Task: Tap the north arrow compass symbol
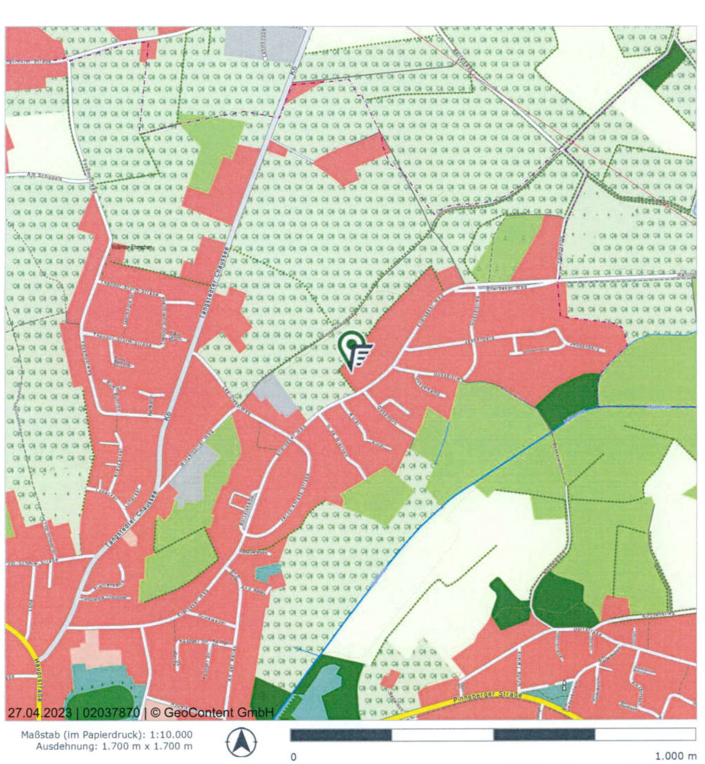[241, 741]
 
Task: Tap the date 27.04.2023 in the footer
[40, 712]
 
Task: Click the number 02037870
[111, 712]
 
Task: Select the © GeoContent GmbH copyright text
[212, 712]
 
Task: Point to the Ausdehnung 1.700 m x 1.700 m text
[114, 746]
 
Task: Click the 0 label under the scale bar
[293, 756]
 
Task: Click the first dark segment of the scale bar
[341, 735]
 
